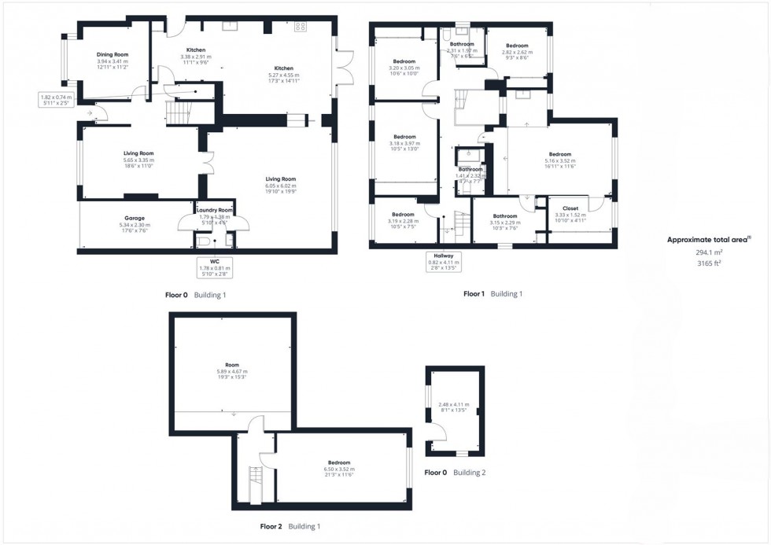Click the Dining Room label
point(113,54)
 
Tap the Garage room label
point(134,218)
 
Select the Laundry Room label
point(215,210)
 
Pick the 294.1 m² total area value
point(709,252)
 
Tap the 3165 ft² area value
point(709,263)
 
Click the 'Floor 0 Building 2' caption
point(455,473)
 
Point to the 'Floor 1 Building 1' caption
point(492,293)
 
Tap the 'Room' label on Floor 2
point(231,365)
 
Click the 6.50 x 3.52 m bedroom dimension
point(339,470)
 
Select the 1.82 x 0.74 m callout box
point(57,99)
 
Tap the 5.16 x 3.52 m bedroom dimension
point(559,160)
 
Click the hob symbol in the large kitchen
point(300,27)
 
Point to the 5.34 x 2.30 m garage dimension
point(134,225)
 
